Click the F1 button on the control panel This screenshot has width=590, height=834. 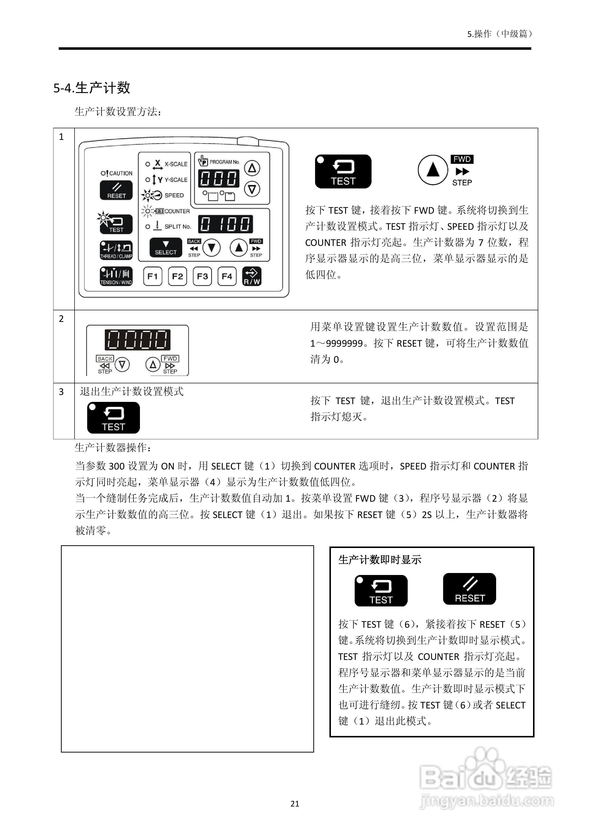pos(153,276)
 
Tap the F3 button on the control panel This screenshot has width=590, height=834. pos(202,276)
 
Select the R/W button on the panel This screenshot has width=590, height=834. pos(252,276)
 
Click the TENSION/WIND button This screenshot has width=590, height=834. pos(116,276)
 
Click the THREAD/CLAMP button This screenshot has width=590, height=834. pos(116,250)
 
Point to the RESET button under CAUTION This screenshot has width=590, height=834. pos(116,191)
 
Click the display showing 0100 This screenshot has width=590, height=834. pos(225,224)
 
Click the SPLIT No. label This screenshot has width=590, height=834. pos(177,227)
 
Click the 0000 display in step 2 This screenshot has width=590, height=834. pos(138,340)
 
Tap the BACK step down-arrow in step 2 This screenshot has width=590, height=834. pos(122,364)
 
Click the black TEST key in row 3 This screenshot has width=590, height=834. pos(113,418)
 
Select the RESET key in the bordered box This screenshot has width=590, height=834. pos(469,589)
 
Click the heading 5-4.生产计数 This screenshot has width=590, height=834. pos(92,88)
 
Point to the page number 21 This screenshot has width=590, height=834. pos(295,804)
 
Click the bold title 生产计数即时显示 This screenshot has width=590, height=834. pos(380,560)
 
